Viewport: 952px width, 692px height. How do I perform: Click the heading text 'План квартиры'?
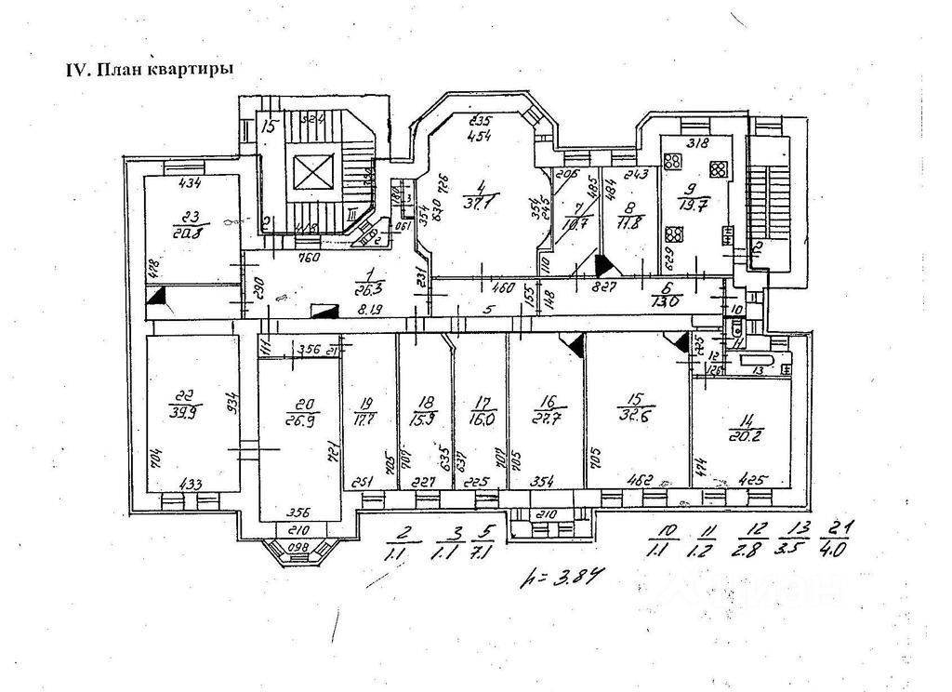pos(164,71)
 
